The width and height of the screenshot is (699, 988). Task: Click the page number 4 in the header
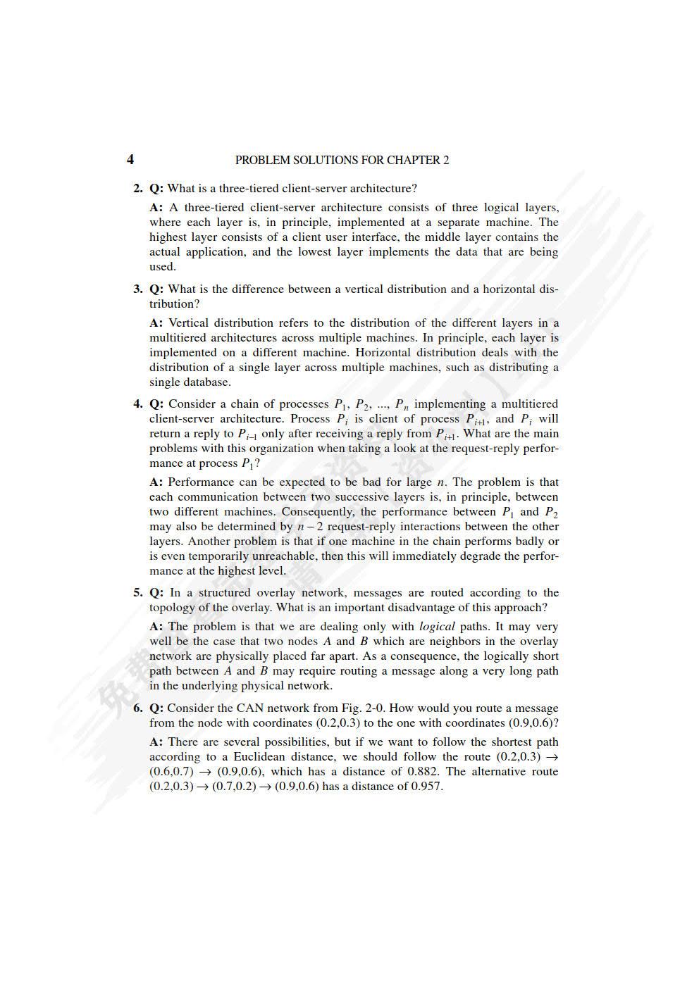130,160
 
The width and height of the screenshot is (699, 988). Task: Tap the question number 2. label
138,188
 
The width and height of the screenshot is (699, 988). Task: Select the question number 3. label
138,289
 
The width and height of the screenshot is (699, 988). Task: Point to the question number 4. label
138,404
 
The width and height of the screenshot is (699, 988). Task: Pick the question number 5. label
138,592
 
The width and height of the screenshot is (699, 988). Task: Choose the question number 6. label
138,708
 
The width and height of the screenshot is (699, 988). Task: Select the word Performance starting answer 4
202,482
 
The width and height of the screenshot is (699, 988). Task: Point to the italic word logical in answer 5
437,626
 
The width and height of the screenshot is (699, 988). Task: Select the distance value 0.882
424,771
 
